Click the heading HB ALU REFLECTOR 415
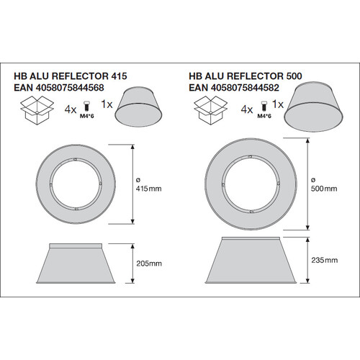click(x=71, y=76)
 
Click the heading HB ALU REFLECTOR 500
click(x=246, y=76)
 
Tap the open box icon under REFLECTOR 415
click(x=37, y=110)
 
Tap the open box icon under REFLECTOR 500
click(x=210, y=110)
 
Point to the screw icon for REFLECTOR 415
click(x=86, y=106)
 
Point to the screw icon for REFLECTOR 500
click(x=264, y=106)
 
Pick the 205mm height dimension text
click(x=149, y=264)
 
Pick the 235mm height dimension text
click(x=325, y=260)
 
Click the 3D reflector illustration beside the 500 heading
click(x=313, y=107)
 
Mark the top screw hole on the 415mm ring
click(x=76, y=159)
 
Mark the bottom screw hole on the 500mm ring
click(x=251, y=212)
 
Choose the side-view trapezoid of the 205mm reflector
click(x=76, y=264)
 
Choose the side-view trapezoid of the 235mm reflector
click(x=251, y=260)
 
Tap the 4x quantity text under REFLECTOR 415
click(x=71, y=109)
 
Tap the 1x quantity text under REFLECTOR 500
click(x=278, y=104)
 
